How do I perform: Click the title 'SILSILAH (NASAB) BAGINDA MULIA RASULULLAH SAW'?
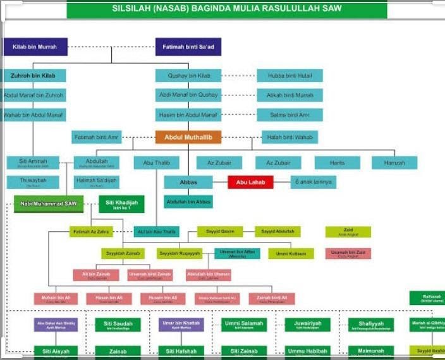click(226, 9)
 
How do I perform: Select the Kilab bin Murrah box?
click(35, 47)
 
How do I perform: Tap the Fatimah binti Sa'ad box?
click(188, 47)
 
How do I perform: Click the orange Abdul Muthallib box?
click(188, 137)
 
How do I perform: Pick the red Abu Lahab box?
click(251, 183)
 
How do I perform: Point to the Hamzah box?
click(394, 162)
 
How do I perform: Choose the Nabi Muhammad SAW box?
click(49, 204)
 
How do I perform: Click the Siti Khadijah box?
click(121, 204)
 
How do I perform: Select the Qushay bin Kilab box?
click(188, 76)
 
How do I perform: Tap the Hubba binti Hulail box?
click(290, 76)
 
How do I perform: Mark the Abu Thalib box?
click(157, 163)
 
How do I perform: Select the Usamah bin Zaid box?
click(348, 253)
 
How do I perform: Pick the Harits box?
click(337, 162)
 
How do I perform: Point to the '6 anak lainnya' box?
click(314, 183)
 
